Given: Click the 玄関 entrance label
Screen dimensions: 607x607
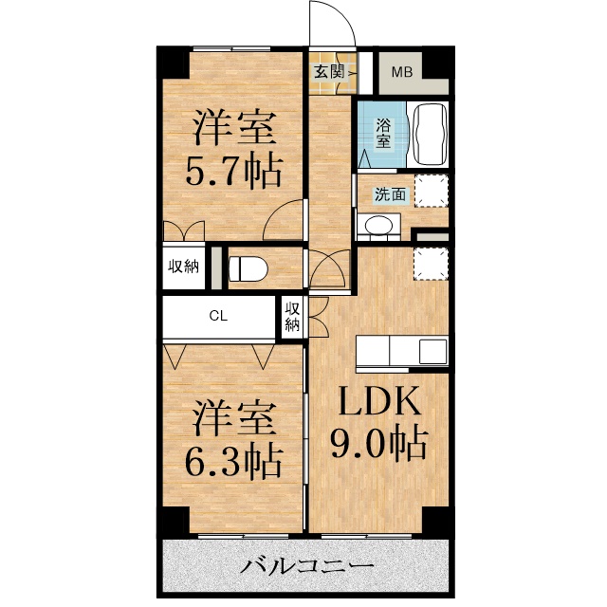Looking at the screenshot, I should [x=329, y=70].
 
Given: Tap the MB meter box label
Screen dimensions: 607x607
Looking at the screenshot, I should [x=402, y=71].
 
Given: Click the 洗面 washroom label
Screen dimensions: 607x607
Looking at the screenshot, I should [x=389, y=195].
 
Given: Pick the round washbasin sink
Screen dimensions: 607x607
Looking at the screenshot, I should [x=379, y=227].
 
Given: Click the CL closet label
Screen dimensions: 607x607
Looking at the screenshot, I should [x=218, y=318].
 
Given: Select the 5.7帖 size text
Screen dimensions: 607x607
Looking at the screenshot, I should [x=235, y=172].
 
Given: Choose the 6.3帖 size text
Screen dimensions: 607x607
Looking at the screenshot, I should [x=235, y=461].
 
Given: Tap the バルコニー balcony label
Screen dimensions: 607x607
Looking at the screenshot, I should [x=305, y=569].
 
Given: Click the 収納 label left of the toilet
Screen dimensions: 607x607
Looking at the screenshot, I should [x=184, y=267].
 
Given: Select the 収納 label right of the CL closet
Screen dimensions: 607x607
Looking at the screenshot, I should [x=292, y=318].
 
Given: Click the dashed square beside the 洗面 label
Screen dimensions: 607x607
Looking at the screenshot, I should [x=430, y=191].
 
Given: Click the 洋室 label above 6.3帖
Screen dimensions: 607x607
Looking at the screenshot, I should [x=235, y=416].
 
